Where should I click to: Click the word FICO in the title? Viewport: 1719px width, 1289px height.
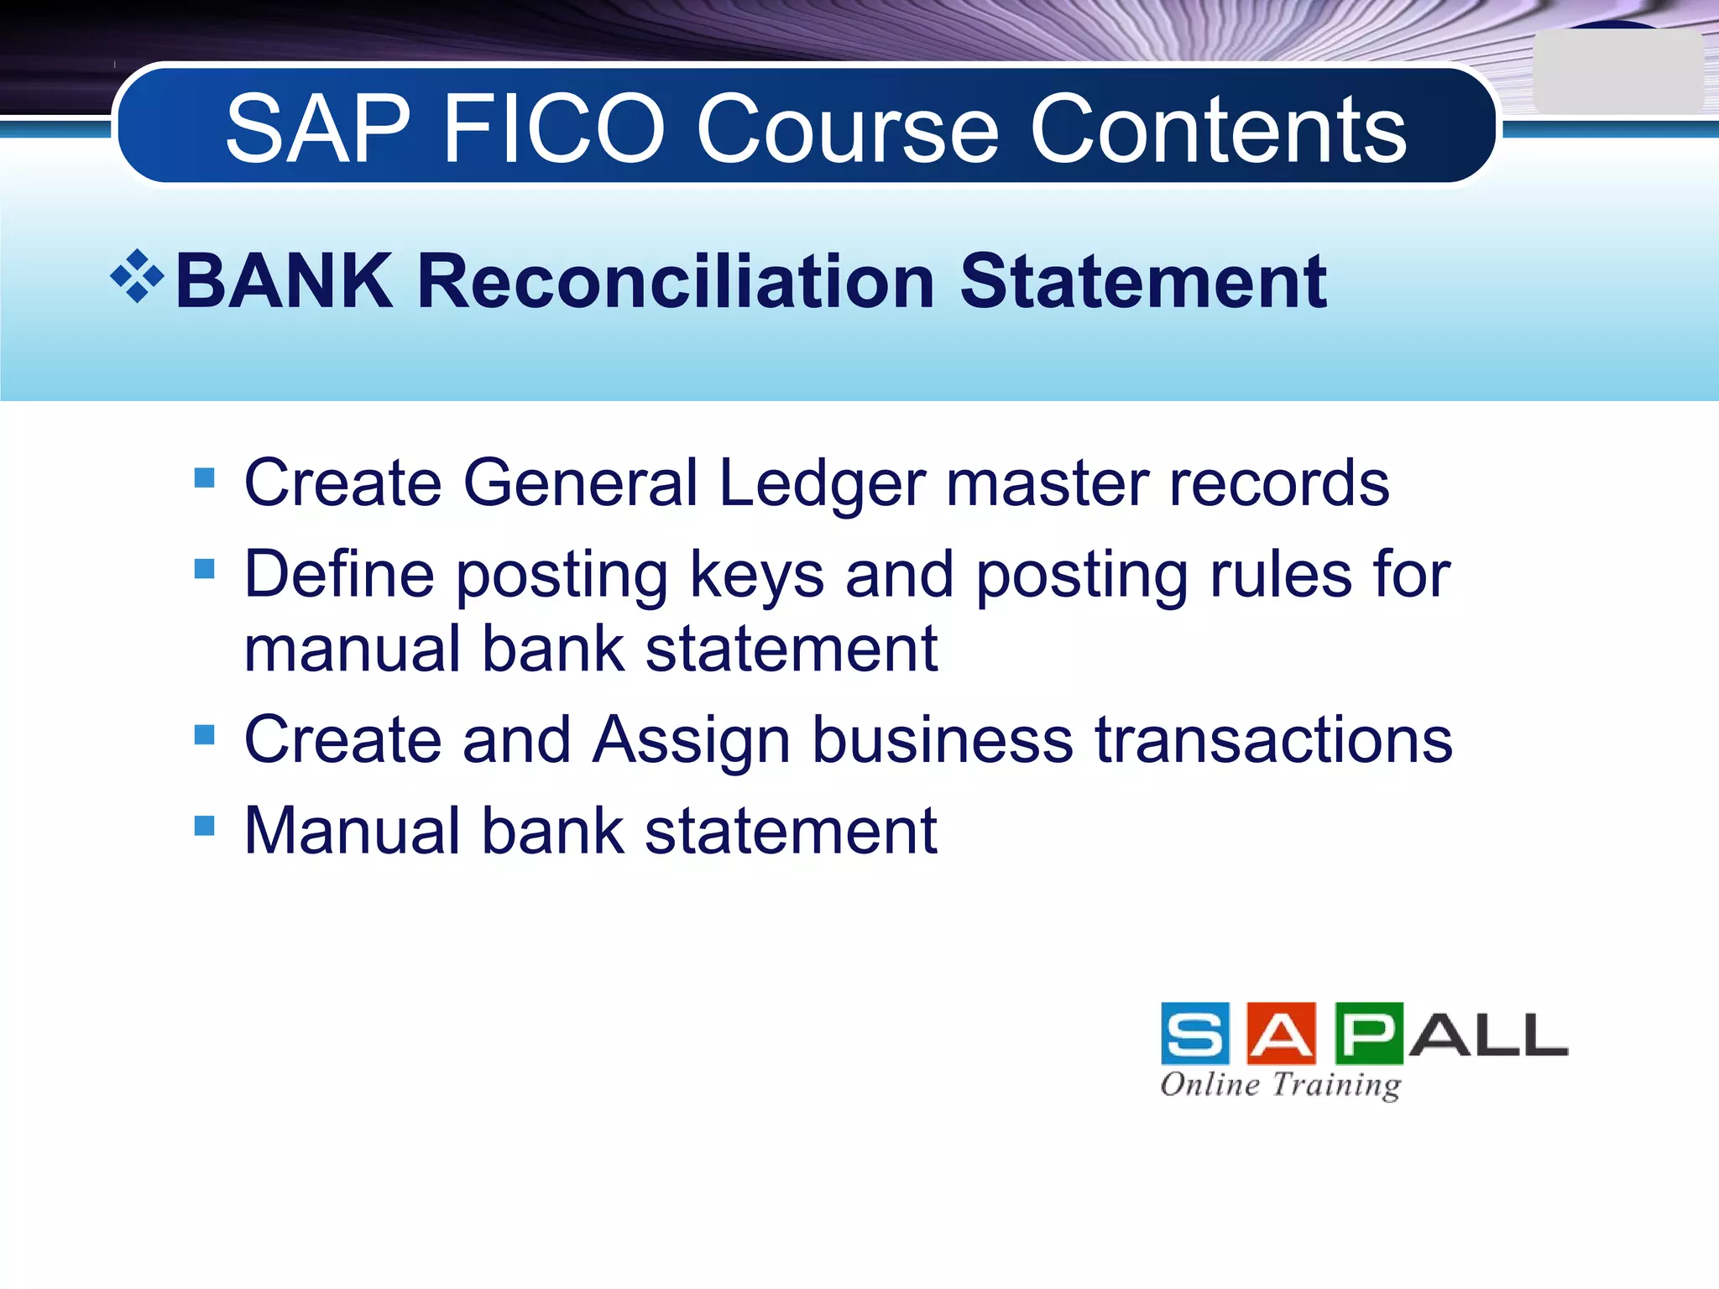click(x=554, y=130)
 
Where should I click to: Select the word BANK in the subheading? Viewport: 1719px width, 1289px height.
click(x=284, y=281)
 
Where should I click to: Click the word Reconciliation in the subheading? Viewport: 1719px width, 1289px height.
click(x=676, y=281)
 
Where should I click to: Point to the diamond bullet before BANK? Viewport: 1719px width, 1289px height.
click(x=137, y=276)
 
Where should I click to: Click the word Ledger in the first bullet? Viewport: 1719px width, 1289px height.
click(x=823, y=484)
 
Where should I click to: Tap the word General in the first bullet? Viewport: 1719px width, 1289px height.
click(x=580, y=484)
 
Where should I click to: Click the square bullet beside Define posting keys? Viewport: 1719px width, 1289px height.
click(x=204, y=569)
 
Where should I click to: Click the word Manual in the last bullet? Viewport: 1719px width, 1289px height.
click(x=353, y=832)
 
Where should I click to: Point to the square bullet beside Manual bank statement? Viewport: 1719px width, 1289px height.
click(x=204, y=826)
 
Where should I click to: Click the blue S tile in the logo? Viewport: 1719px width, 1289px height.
click(x=1195, y=1034)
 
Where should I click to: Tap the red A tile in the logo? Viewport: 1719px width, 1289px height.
click(x=1281, y=1034)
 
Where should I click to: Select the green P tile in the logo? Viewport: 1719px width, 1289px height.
click(x=1368, y=1034)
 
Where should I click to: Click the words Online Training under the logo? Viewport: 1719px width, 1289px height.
click(x=1280, y=1085)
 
